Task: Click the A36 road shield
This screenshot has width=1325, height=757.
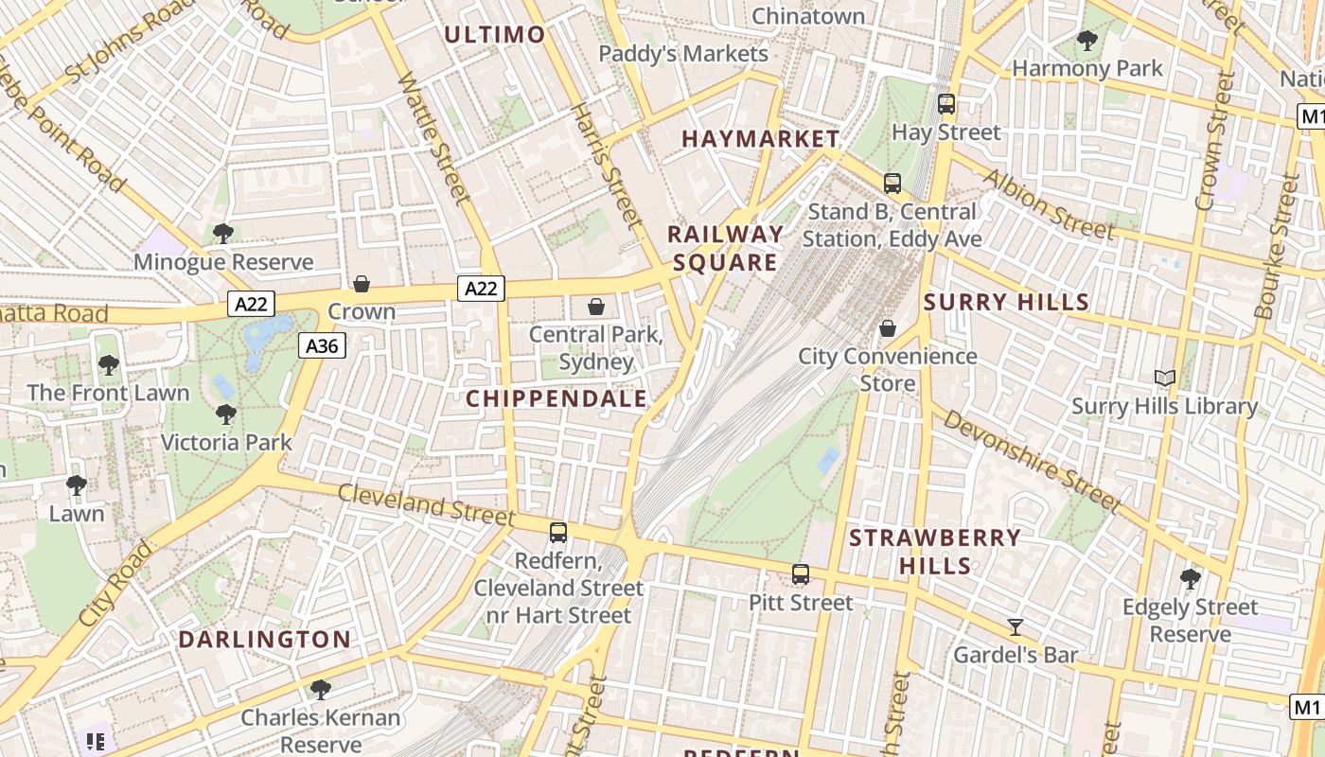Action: (323, 346)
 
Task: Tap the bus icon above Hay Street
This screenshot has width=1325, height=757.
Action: (945, 104)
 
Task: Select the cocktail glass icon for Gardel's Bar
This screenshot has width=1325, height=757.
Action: (1016, 626)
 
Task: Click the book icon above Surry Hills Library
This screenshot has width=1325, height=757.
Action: (1164, 378)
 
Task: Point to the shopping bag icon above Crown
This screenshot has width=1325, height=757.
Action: (362, 283)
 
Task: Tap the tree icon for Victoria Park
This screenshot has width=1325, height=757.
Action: (225, 414)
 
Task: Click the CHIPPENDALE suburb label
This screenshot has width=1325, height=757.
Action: (556, 398)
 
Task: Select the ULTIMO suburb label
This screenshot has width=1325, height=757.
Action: (494, 36)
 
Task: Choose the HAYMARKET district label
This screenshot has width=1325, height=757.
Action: (760, 139)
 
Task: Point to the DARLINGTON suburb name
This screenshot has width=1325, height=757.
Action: (265, 639)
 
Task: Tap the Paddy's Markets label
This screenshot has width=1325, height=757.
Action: (683, 54)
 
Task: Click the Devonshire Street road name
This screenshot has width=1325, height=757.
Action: (1032, 461)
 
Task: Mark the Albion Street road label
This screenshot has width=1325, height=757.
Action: (1048, 204)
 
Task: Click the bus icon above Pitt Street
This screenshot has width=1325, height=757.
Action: (801, 573)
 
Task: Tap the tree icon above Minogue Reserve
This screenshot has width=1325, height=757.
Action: (223, 233)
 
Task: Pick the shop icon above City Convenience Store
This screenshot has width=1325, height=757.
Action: (888, 328)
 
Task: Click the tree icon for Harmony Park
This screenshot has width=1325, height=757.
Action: (1086, 40)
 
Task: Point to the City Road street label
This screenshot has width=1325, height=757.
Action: (115, 584)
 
